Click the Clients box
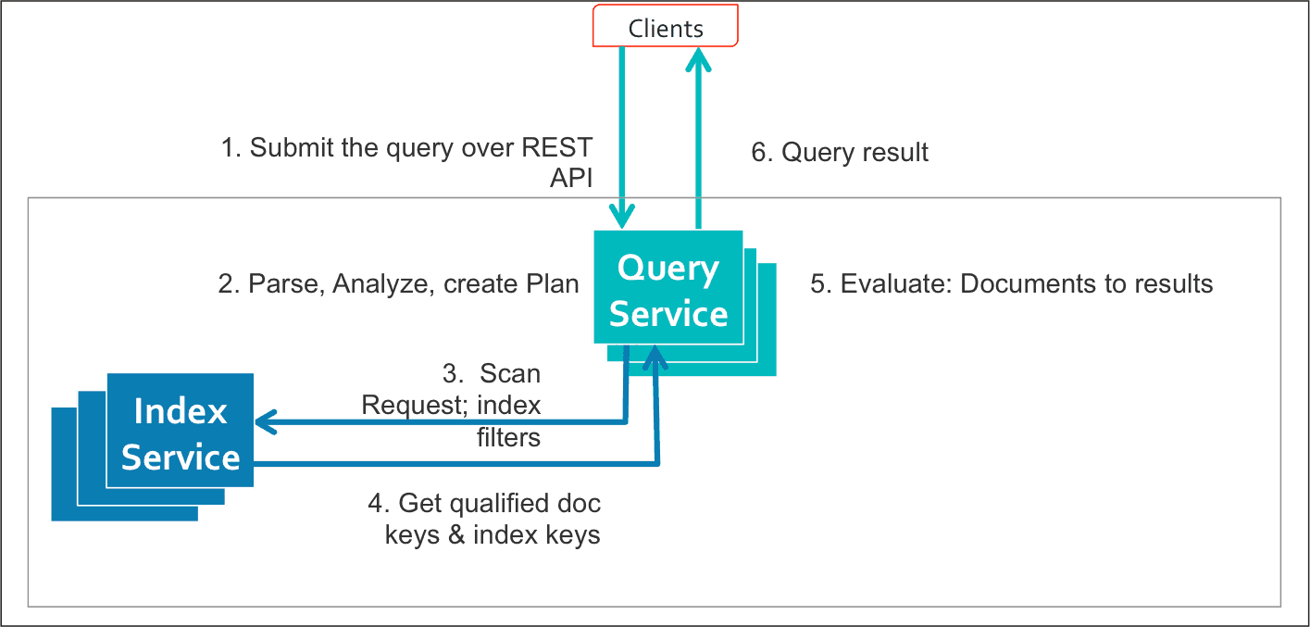click(665, 26)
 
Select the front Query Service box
click(668, 287)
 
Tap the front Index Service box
click(181, 430)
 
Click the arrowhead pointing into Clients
click(698, 60)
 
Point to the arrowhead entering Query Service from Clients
click(621, 216)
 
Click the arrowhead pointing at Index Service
click(267, 421)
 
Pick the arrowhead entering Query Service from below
click(655, 357)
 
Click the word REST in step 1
click(556, 147)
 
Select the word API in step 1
click(571, 178)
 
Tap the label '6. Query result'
click(839, 152)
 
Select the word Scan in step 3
click(510, 374)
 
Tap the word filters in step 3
click(508, 437)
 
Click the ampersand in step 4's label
click(456, 535)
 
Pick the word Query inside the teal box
click(668, 270)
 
